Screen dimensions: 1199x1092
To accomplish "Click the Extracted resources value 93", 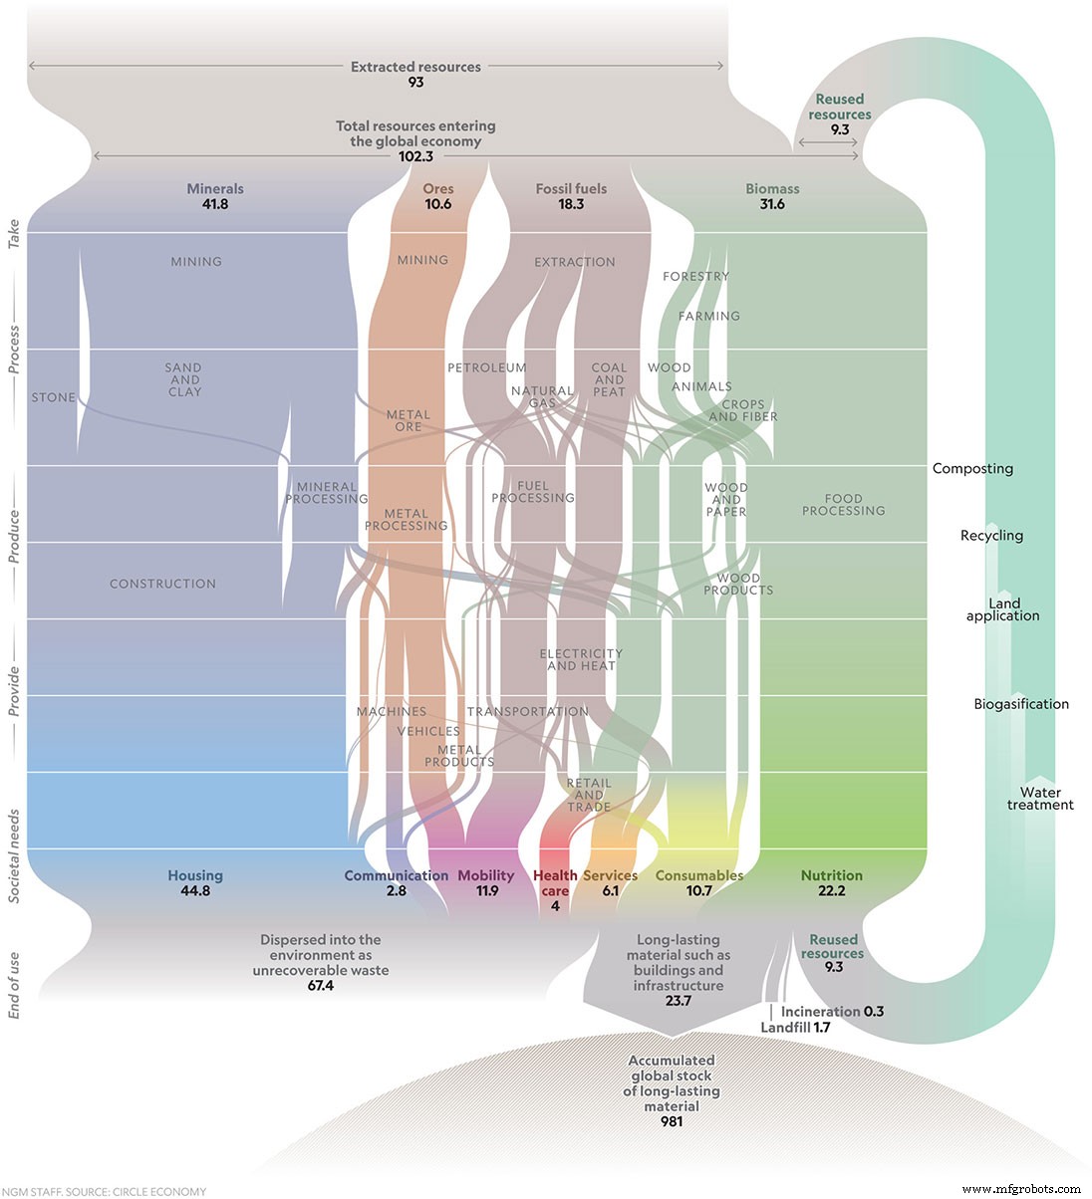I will click(415, 83).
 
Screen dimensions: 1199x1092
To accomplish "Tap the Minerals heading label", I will click(215, 188).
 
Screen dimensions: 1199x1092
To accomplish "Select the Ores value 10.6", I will click(437, 204).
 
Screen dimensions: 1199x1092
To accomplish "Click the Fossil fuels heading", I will click(571, 188).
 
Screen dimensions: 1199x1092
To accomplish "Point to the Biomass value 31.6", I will click(772, 204).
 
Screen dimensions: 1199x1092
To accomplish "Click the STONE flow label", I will click(54, 397).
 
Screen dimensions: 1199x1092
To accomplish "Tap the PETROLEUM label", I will click(486, 367).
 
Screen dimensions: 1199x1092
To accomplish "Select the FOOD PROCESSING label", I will click(843, 505).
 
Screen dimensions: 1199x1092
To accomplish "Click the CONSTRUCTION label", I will click(162, 584).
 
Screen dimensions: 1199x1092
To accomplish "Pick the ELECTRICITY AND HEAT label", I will click(581, 660).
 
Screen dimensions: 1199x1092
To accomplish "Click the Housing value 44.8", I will click(195, 891).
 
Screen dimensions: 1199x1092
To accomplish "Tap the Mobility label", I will click(486, 875).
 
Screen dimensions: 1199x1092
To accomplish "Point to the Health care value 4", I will click(555, 906).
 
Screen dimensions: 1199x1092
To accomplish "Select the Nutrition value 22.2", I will click(831, 891).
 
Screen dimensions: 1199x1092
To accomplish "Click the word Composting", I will click(972, 468).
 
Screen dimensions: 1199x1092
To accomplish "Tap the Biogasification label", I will click(1021, 704).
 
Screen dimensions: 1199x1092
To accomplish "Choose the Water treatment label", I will click(1040, 799).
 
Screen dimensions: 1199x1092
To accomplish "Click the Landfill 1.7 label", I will click(795, 1027).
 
